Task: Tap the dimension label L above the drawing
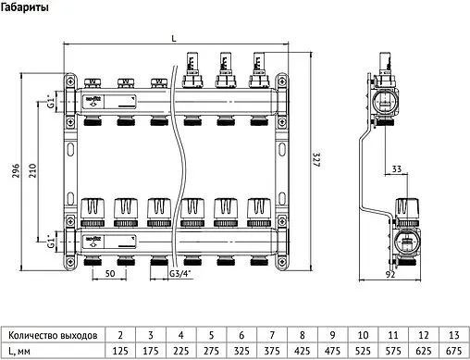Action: (174, 37)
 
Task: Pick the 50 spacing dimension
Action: (109, 275)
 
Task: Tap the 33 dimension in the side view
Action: (396, 169)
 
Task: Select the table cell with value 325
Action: (240, 351)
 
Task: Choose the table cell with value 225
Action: (180, 351)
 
